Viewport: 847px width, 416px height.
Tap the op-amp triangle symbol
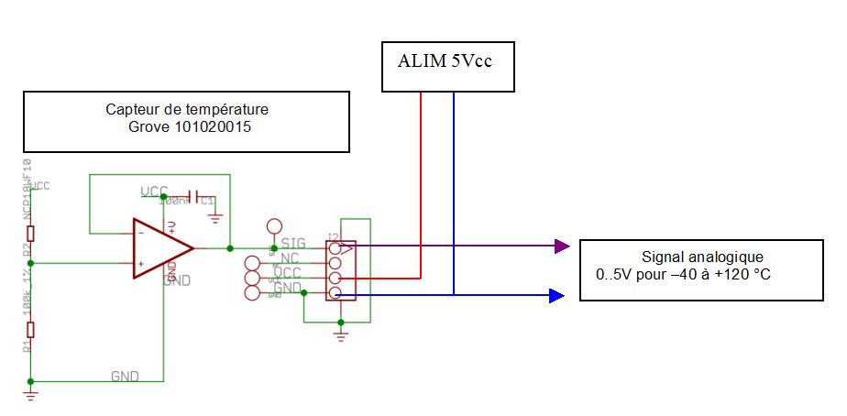tap(159, 248)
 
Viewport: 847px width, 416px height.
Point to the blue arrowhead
tap(555, 295)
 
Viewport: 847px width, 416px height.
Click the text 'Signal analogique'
tap(701, 257)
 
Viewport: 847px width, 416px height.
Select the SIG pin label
tap(293, 244)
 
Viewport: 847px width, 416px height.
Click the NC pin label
tap(290, 258)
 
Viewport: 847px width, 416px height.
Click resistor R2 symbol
tap(31, 232)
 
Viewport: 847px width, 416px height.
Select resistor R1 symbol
tap(31, 330)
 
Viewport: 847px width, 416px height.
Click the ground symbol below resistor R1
tap(31, 395)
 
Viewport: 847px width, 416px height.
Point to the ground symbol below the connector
tap(341, 337)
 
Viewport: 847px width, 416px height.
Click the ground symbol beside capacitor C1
tap(215, 217)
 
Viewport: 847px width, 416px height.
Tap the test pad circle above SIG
tap(273, 225)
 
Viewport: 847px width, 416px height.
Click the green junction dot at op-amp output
tap(229, 247)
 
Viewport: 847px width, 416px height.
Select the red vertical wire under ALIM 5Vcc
tap(421, 183)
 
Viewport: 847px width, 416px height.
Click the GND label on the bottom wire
tap(124, 376)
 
